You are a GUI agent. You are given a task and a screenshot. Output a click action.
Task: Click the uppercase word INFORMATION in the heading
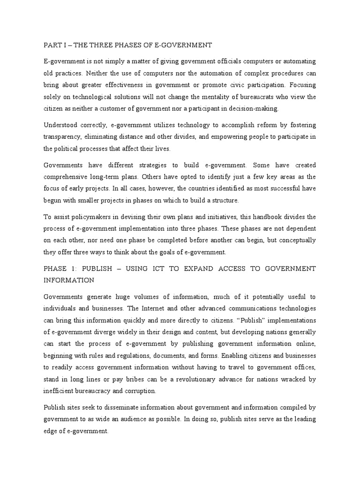coord(69,280)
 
